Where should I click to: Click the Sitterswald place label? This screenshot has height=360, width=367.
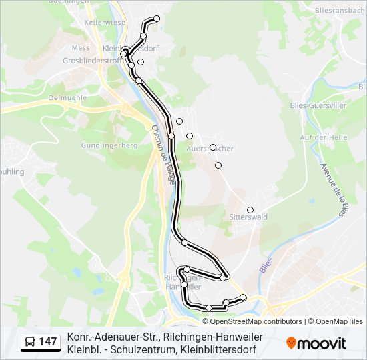click(x=248, y=217)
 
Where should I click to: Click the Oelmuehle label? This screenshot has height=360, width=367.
click(x=68, y=97)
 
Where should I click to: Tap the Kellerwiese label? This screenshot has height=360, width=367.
click(x=105, y=23)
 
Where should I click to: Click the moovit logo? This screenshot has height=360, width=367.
click(x=316, y=343)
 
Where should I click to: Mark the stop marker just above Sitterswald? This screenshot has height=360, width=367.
click(x=250, y=209)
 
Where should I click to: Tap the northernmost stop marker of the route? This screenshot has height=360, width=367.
click(x=157, y=19)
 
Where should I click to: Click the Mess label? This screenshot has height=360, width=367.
click(x=81, y=48)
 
